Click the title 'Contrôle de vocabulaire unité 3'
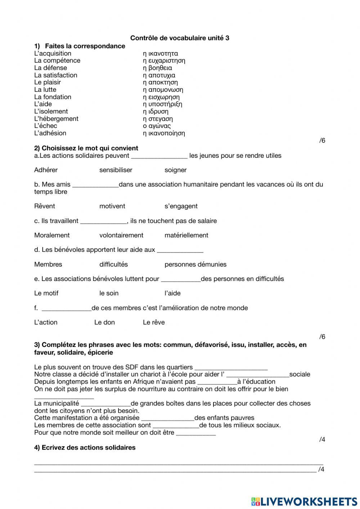pos(180,38)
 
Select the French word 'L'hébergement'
pos(56,119)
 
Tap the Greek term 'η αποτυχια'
pos(159,75)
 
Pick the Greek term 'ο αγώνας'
pos(157,126)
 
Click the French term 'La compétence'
pos(57,61)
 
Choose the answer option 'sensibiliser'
pos(116,170)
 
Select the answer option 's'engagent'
pos(181,206)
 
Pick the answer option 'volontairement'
pos(121,235)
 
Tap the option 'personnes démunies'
pos(195,264)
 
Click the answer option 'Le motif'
pos(46,293)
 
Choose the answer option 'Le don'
pos(104,322)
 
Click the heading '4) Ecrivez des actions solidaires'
pos(85,448)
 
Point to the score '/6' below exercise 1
pos(322,140)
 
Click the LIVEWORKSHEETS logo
pos(304,501)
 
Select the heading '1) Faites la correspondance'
pos(80,46)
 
